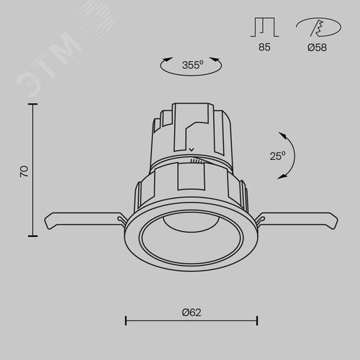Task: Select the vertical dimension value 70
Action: (x=24, y=171)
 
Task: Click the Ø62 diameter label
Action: (x=191, y=312)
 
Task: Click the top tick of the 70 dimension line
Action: (x=32, y=104)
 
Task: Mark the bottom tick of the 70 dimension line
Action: (x=32, y=235)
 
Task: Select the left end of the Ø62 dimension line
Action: (x=127, y=320)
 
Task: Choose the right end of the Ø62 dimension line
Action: (x=257, y=320)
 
